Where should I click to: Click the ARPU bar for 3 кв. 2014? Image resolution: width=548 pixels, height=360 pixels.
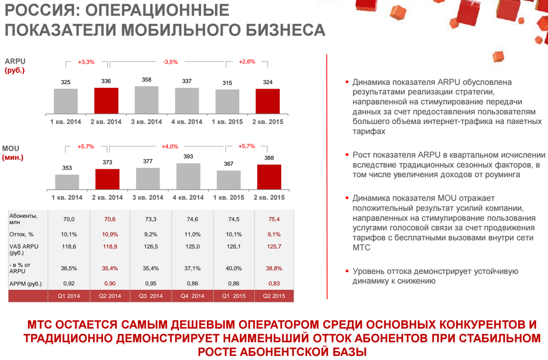point(147,100)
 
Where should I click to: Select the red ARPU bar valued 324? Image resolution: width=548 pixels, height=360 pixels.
point(267,102)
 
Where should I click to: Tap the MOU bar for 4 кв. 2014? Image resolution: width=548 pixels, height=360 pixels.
point(188,175)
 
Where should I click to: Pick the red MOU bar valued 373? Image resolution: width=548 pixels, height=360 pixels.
point(107,178)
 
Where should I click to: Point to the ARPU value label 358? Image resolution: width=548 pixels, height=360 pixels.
point(147,80)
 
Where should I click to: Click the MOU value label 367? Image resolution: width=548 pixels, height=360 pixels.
point(228,164)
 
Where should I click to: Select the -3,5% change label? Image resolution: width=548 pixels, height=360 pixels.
point(170,62)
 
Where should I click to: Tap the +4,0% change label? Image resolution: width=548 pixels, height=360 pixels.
point(170,146)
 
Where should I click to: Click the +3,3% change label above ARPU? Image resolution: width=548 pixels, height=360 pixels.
point(86,62)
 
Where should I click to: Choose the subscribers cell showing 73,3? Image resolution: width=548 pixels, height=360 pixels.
point(151,219)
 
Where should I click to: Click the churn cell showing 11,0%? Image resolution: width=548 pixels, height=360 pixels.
point(193,234)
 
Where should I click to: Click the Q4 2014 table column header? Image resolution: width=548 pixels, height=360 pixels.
point(193,296)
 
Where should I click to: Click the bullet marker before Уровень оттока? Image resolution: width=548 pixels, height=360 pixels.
point(347,271)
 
